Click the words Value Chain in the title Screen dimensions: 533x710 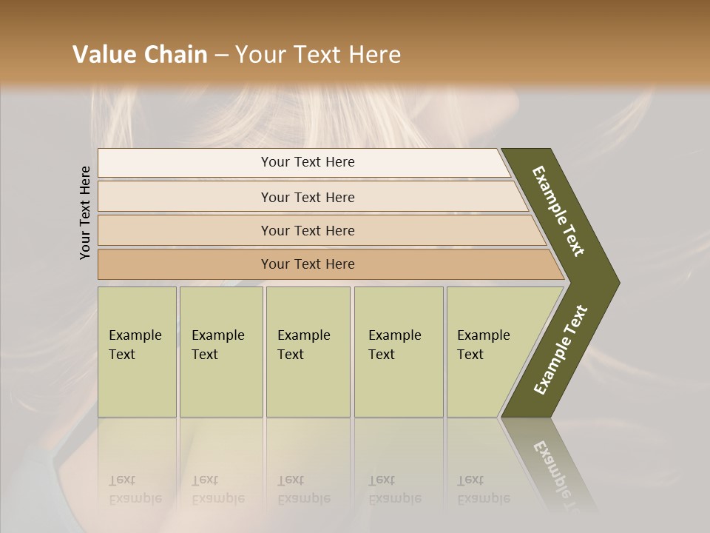click(x=140, y=55)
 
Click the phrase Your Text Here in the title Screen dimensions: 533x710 click(x=318, y=55)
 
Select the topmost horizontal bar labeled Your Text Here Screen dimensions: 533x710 click(x=308, y=162)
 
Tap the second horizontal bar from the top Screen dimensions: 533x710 click(x=308, y=197)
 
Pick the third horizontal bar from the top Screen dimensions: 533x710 click(x=308, y=230)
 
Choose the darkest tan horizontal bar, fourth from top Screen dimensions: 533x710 click(x=308, y=264)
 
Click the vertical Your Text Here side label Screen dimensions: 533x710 click(x=85, y=212)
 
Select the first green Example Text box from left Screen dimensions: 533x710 click(x=137, y=351)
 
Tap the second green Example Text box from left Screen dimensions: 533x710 click(x=220, y=351)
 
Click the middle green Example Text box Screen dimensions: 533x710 click(x=308, y=351)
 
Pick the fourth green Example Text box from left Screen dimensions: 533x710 click(x=398, y=351)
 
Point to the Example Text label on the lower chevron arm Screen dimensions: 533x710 click(x=560, y=350)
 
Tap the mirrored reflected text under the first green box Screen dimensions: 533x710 click(x=135, y=490)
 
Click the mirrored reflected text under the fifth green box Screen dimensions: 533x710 click(x=484, y=490)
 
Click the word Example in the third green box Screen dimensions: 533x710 click(x=303, y=335)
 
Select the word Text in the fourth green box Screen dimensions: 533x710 click(x=382, y=355)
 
